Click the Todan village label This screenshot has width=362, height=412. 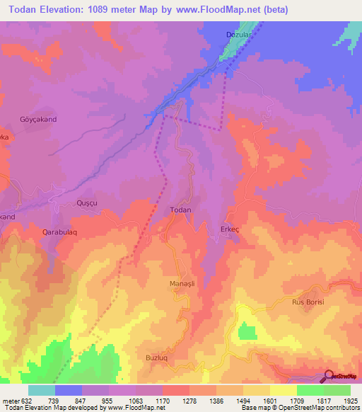coord(180,210)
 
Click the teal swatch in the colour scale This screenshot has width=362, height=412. coord(42,390)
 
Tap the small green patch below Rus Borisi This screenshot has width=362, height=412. coord(247,331)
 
